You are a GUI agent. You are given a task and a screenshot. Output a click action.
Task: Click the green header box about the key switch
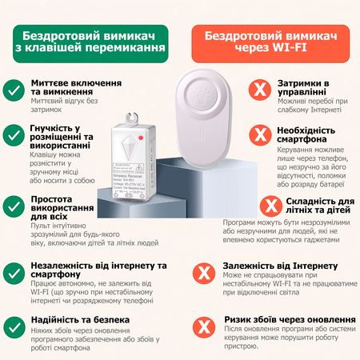94,42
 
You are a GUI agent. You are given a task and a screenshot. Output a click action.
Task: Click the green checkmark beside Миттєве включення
14,90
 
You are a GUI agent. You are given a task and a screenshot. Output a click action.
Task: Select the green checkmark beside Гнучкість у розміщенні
14,134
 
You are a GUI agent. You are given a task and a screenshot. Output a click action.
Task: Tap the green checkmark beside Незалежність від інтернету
14,272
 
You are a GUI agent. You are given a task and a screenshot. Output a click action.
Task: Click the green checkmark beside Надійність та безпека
14,326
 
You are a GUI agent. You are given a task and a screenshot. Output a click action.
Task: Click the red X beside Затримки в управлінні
258,90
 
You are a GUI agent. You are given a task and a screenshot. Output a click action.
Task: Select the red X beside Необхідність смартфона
258,134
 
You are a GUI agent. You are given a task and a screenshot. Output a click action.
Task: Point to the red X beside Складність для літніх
258,206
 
